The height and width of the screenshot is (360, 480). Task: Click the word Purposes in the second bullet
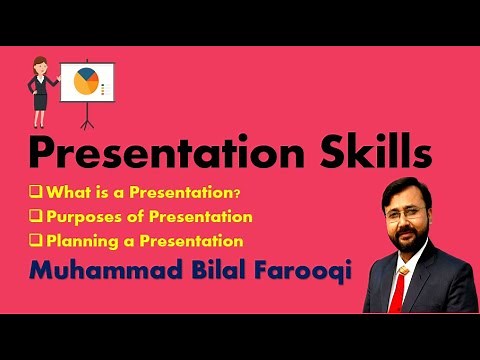click(81, 216)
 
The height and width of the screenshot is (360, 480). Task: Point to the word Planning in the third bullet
click(79, 240)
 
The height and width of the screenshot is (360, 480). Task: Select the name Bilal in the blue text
click(210, 272)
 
